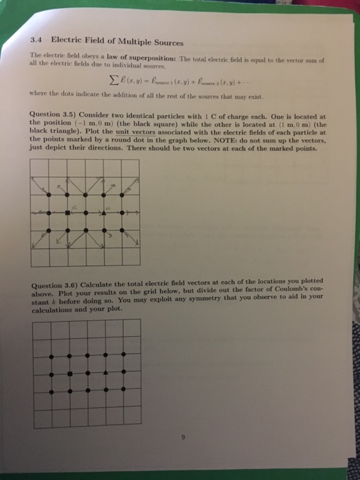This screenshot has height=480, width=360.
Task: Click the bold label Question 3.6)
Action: coord(57,283)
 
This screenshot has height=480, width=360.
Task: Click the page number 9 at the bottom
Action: coord(180,451)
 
